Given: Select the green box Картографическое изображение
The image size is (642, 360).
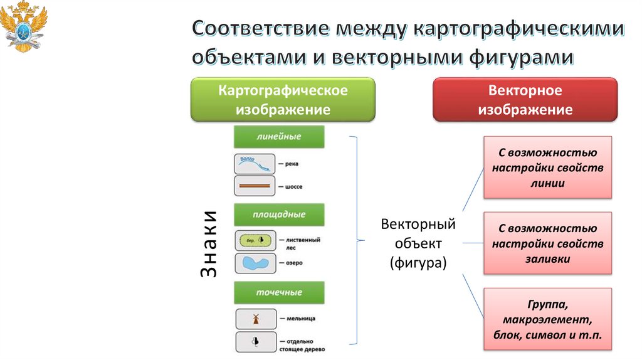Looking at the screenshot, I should pos(283,100).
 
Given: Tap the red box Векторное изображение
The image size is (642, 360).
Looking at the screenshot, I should pos(525,100).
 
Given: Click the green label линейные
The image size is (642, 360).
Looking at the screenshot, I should pos(279,136).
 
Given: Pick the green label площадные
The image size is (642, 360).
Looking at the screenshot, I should pos(279,214).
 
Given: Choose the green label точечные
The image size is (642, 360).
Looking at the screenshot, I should pos(279,292).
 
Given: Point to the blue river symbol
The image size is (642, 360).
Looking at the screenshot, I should pos(255,164).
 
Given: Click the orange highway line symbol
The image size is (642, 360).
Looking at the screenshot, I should pos(255,186).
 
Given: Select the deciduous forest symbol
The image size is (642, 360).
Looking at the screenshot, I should pos(255,240).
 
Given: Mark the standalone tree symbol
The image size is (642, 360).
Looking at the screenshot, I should pos(255,342).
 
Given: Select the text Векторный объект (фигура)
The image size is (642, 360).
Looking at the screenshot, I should pos(418,243).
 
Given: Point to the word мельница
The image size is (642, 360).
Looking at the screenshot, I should pos(299,319).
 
